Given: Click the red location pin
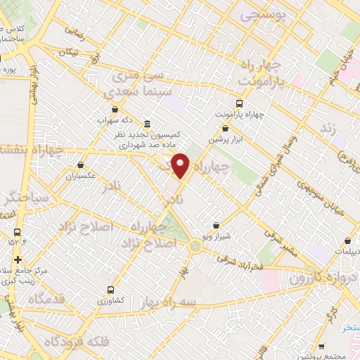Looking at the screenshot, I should [x=181, y=165].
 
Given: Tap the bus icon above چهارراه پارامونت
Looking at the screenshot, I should [x=224, y=103].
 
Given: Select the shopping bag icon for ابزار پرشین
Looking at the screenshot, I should [x=225, y=129].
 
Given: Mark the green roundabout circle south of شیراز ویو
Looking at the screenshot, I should [x=194, y=245].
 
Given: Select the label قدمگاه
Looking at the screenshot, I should [x=46, y=299].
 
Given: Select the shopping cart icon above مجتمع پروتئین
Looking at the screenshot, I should [x=321, y=347].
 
